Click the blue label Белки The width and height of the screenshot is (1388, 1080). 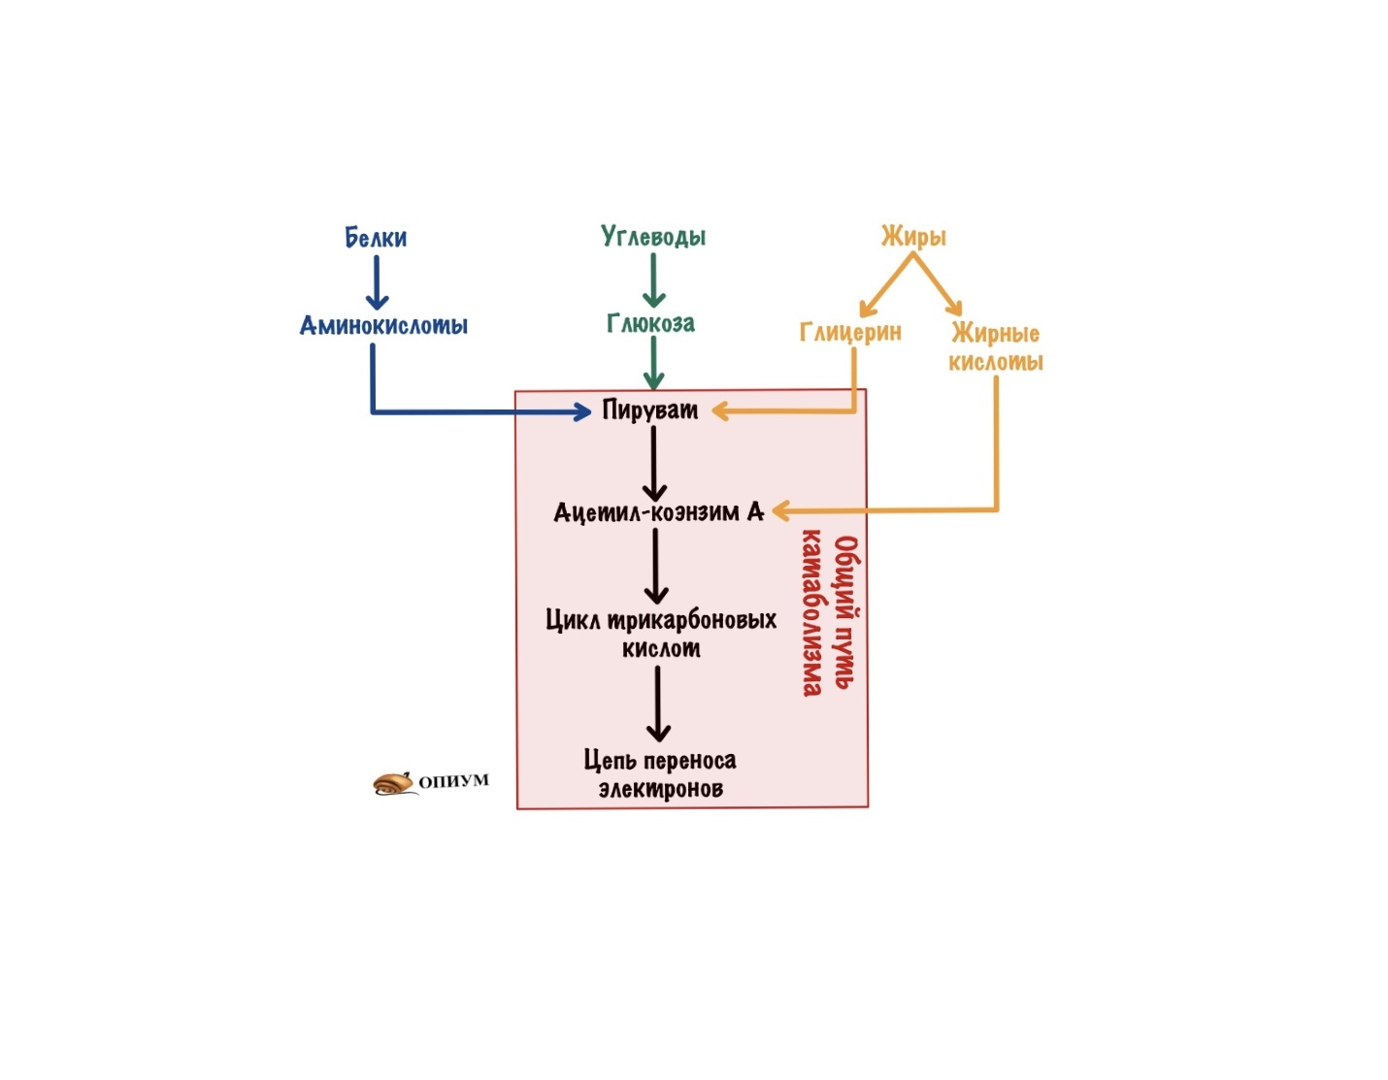coord(376,238)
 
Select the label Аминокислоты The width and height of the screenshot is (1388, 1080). coord(384,325)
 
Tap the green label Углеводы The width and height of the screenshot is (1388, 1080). coord(653,237)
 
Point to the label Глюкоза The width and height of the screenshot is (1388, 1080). coord(650,324)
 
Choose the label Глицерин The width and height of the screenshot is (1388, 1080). coord(851,332)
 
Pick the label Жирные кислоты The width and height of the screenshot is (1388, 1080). coord(996,347)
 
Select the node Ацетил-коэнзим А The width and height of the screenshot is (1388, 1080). coord(658,512)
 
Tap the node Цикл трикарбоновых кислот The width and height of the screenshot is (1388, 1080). coord(661,634)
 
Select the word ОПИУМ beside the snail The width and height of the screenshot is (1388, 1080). coord(454,780)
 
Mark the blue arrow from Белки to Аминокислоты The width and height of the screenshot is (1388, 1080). coord(377,283)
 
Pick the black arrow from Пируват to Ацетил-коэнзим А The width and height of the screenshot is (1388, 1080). coord(654,464)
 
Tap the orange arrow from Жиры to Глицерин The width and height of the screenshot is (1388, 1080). coord(886,284)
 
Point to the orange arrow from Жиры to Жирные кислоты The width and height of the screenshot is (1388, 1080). coord(938,283)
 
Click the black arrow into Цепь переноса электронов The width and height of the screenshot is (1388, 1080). coord(658,704)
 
